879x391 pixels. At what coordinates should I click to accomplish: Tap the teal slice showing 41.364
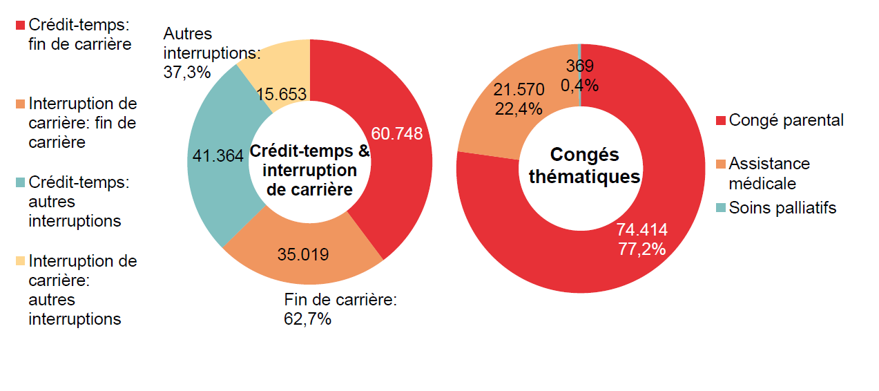(x=218, y=156)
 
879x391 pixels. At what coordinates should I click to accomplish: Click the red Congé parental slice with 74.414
(x=642, y=239)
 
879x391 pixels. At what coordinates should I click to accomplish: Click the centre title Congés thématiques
(x=584, y=166)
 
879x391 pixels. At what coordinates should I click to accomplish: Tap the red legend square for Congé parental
(x=721, y=121)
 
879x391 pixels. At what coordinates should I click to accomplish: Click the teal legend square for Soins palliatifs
(x=721, y=208)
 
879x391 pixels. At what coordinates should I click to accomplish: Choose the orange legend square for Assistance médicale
(x=721, y=164)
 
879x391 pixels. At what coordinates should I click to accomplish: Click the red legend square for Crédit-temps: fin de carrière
(x=20, y=25)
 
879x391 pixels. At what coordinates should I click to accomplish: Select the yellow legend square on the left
(x=20, y=261)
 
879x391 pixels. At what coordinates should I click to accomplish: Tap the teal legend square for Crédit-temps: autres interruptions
(x=20, y=182)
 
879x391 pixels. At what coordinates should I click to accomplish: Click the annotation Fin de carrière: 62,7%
(x=341, y=309)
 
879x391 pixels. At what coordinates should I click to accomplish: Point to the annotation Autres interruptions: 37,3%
(x=211, y=53)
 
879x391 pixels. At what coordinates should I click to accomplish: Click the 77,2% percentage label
(x=641, y=249)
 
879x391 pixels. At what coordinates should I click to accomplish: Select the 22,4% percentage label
(x=519, y=108)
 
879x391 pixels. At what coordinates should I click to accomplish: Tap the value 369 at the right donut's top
(x=579, y=66)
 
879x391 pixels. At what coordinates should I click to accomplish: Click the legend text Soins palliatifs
(x=782, y=208)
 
